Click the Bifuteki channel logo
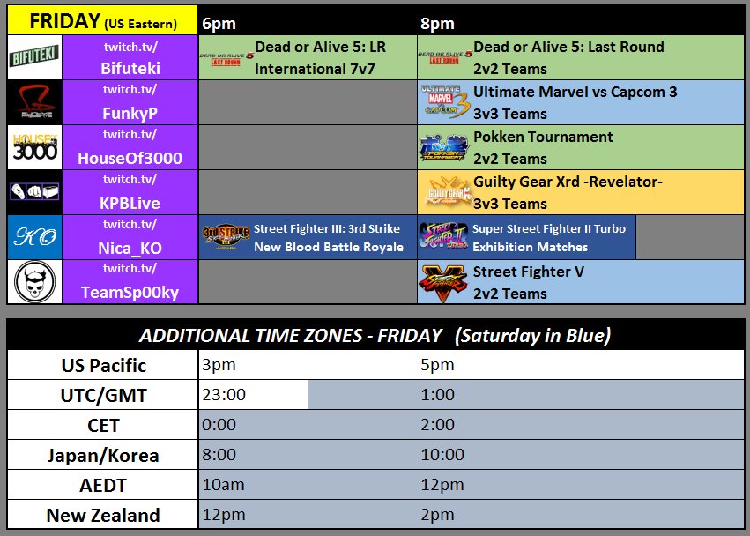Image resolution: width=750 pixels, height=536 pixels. coord(34,58)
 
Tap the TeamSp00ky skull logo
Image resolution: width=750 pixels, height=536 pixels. coord(34,282)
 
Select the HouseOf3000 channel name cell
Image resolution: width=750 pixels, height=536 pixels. coord(130,147)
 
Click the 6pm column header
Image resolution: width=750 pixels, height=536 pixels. coord(219,23)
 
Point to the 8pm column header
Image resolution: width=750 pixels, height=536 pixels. coord(438,23)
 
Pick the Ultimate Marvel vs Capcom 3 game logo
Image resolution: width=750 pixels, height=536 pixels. coord(444,103)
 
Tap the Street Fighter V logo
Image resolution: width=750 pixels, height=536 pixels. coord(444,282)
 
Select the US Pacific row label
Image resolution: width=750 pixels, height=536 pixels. coord(104,365)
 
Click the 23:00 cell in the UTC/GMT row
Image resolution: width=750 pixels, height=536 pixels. coord(254,395)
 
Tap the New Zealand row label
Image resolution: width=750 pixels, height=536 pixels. coord(103,515)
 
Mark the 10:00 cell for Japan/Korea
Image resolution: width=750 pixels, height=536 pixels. coord(443,455)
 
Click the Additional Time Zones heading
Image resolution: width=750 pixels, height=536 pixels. coord(375,335)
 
